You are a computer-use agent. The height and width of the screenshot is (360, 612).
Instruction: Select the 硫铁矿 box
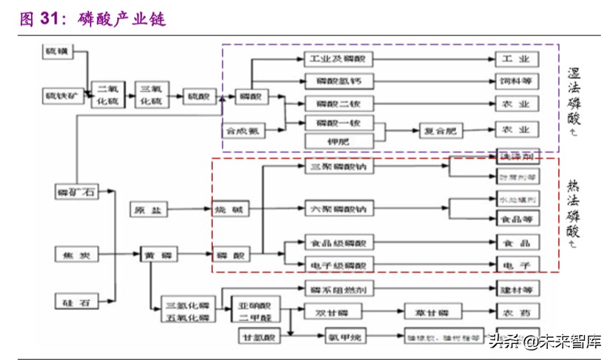[x=60, y=96]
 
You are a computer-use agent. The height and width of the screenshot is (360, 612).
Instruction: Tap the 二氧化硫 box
[x=108, y=96]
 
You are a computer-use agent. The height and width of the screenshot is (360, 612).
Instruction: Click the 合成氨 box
[x=244, y=131]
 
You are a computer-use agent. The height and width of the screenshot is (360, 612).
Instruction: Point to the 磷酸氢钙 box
[x=340, y=80]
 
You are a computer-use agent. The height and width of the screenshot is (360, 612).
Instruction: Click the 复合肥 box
[x=440, y=131]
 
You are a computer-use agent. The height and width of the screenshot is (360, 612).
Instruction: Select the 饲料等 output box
[x=517, y=80]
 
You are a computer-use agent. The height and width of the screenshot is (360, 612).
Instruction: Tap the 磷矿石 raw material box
[x=77, y=192]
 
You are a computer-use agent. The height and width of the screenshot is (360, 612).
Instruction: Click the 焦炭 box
[x=77, y=255]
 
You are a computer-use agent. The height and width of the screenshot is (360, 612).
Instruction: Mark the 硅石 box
[x=77, y=300]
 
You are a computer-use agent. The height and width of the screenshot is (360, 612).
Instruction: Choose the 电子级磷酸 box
[x=340, y=264]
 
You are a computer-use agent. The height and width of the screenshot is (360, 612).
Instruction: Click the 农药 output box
[x=517, y=312]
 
